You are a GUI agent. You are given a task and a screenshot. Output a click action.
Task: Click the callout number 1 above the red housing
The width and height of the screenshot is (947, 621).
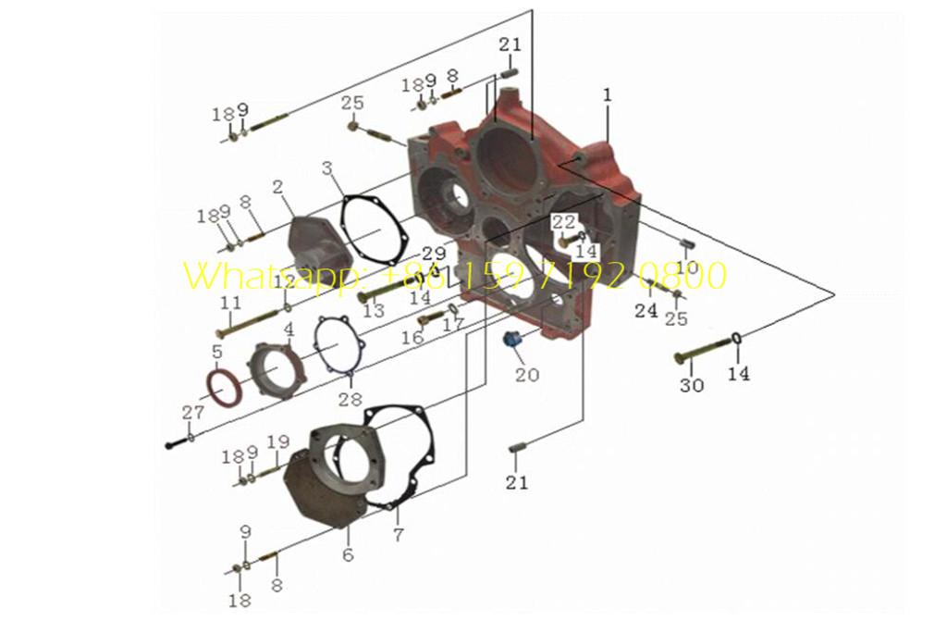[x=607, y=94]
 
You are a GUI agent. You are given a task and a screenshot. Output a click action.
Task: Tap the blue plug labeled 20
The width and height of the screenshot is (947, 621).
[x=512, y=342]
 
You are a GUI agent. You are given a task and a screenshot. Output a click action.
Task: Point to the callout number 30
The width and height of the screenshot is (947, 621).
[x=691, y=385]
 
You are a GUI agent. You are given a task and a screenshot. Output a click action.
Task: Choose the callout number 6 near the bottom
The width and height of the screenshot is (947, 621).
[x=348, y=555]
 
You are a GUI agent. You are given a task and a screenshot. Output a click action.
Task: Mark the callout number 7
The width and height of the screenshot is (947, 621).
[x=398, y=535]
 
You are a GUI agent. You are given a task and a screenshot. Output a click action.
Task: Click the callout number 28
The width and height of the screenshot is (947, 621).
[x=350, y=399]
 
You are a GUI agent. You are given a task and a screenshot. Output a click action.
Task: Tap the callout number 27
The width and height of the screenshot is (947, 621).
[x=192, y=413]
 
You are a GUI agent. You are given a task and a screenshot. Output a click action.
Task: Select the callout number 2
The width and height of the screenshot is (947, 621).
[x=277, y=187]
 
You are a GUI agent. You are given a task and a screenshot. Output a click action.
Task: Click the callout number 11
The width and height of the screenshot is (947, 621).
[x=230, y=303]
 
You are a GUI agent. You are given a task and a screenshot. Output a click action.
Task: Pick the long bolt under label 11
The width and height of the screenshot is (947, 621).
[x=250, y=320]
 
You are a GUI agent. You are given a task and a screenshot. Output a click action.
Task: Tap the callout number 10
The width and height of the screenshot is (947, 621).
[x=687, y=267]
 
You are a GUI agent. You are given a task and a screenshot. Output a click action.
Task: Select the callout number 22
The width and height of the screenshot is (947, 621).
[x=563, y=221]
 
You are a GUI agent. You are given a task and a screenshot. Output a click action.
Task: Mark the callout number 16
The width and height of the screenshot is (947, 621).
[x=412, y=338]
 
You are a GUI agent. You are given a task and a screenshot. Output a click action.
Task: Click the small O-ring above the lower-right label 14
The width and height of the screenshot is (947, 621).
[x=738, y=338]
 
